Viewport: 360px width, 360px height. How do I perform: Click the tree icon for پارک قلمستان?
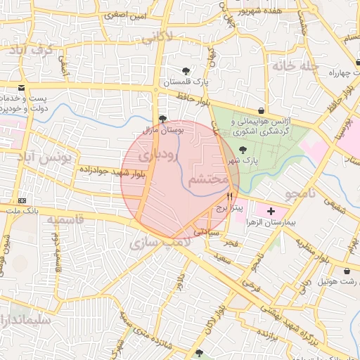tap(186, 71)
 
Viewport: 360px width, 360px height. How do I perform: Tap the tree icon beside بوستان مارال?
tap(163, 119)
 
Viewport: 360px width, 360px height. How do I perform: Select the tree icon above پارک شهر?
tap(243, 149)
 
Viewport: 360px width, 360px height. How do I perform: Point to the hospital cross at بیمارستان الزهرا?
tap(271, 211)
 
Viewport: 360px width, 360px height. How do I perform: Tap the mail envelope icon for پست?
tap(22, 87)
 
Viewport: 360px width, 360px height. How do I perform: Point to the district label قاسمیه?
tap(65, 219)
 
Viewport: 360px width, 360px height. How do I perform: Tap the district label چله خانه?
tap(295, 66)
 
